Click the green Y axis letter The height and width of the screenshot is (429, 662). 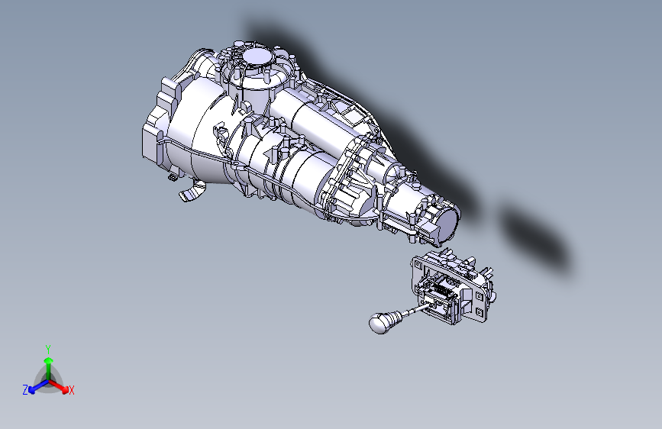[48, 348]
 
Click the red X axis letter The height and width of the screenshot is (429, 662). [72, 390]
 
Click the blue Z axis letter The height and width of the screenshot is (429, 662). [25, 389]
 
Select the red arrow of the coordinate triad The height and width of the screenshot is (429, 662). [63, 386]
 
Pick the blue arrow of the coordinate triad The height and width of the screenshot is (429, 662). [34, 388]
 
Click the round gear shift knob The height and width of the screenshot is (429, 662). [379, 324]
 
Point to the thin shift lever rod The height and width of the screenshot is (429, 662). [412, 309]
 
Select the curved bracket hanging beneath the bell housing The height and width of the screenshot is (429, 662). [192, 192]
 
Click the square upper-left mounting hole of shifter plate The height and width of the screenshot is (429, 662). [418, 264]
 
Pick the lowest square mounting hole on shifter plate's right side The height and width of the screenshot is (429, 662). [479, 311]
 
